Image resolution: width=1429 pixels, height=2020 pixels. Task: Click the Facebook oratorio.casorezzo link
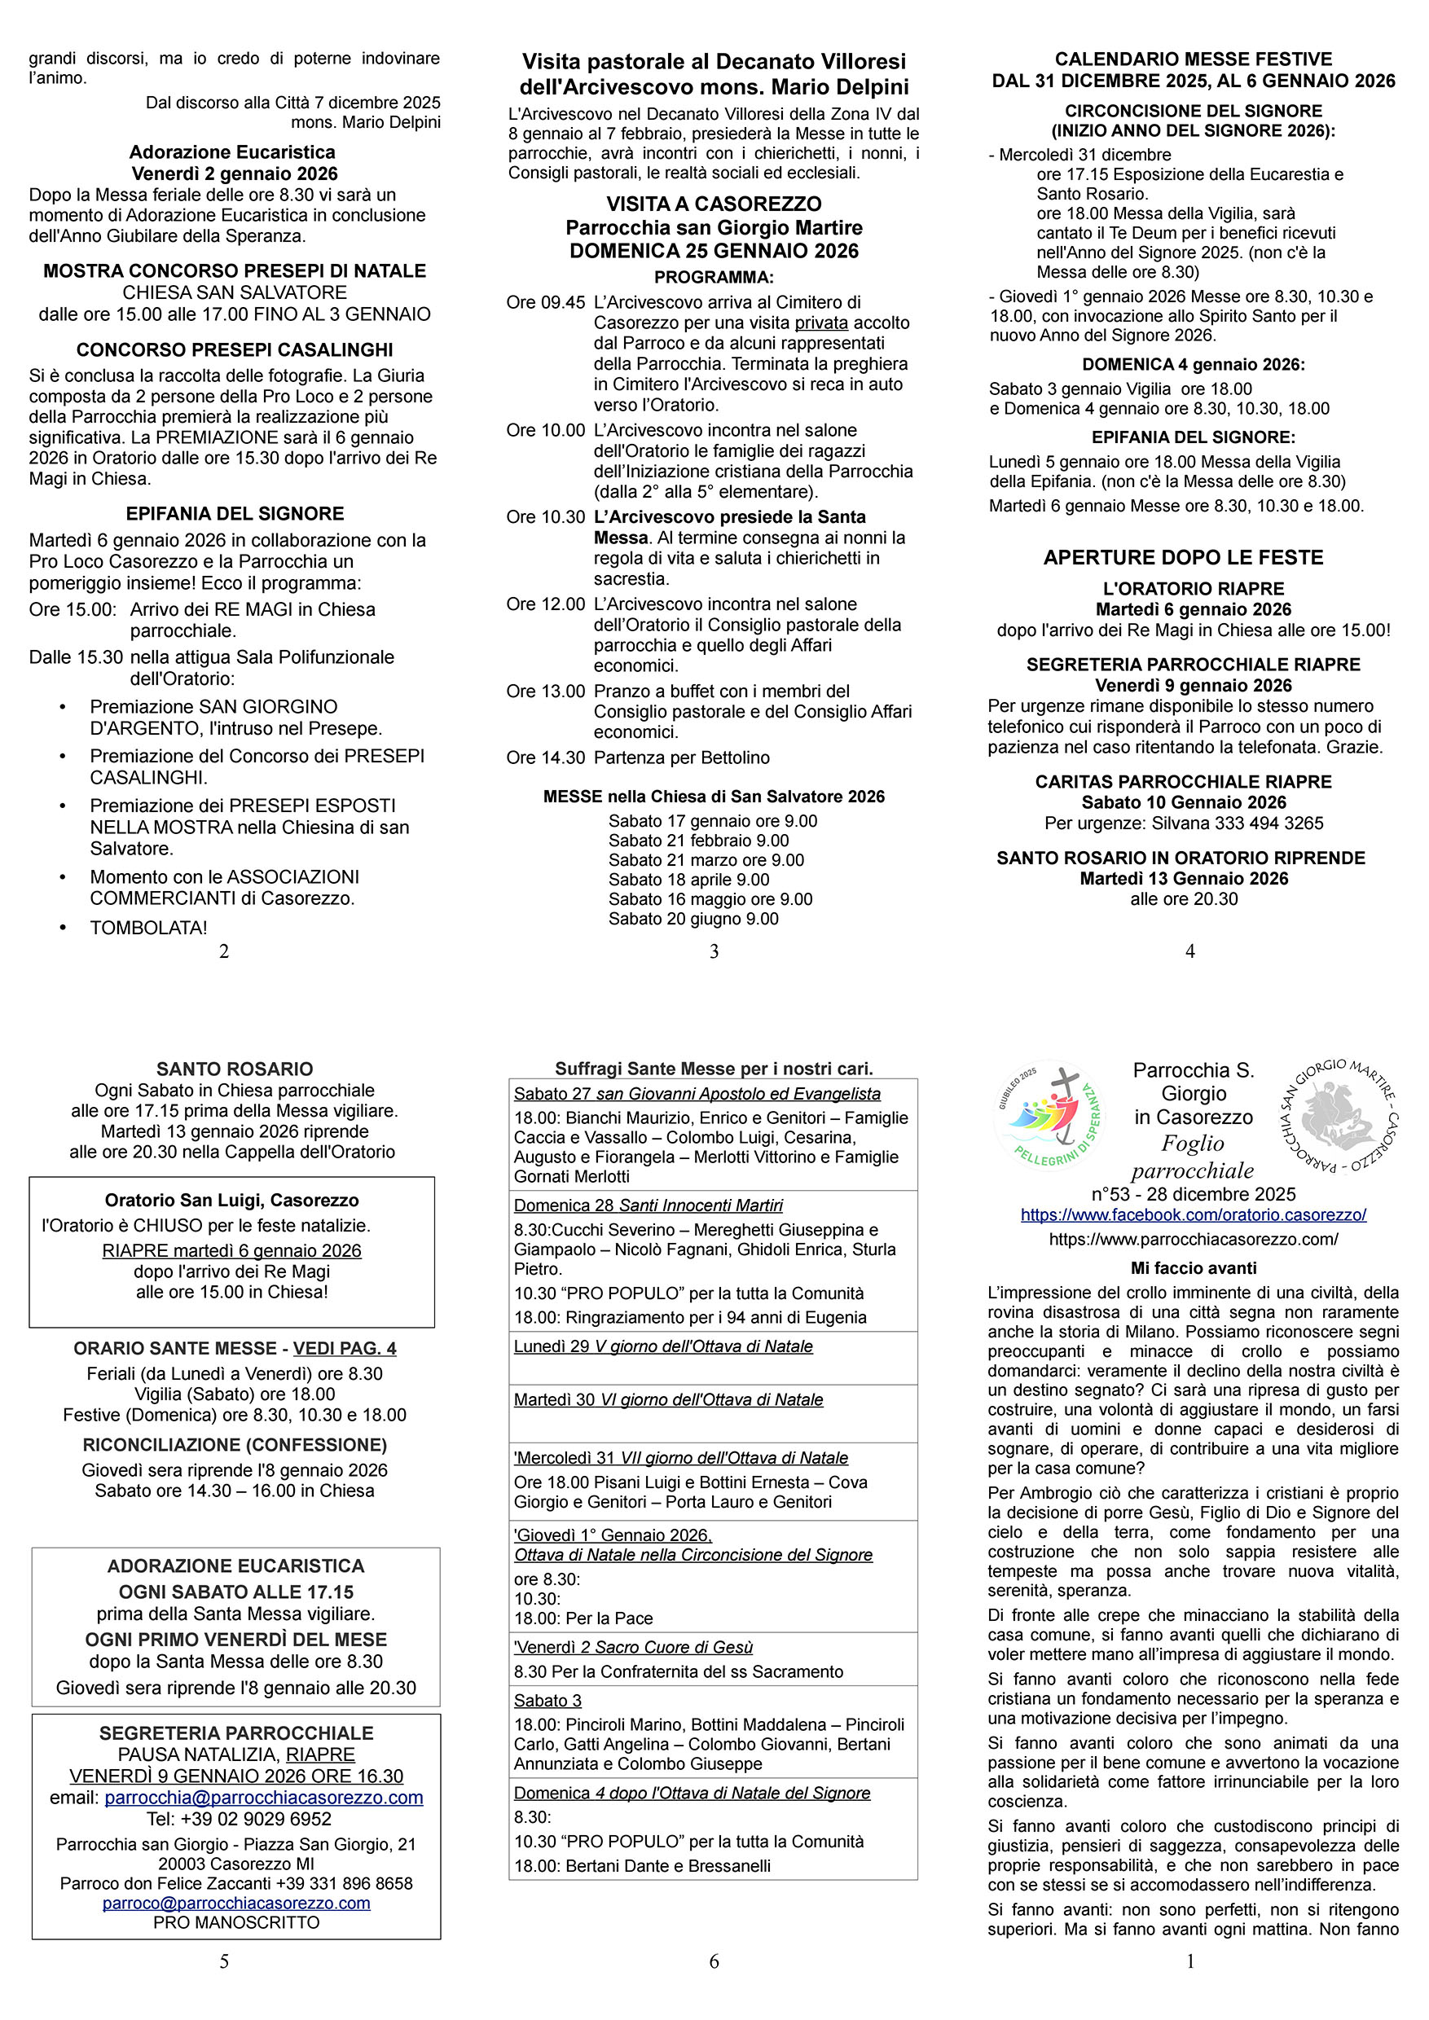pos(1194,1215)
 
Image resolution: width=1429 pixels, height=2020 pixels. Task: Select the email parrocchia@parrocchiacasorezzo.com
pos(263,1798)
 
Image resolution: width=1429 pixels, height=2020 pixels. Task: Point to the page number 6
pos(714,1961)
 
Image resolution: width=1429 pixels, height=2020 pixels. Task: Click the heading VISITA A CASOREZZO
pos(714,204)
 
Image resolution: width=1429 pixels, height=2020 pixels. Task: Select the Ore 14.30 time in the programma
pos(546,757)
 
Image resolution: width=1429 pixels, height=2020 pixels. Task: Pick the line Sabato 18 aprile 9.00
pos(689,880)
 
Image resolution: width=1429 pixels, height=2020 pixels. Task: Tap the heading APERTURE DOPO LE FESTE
pos(1184,557)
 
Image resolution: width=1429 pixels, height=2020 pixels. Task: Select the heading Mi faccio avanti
pos(1194,1267)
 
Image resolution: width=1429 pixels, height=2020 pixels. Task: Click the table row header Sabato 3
pos(547,1701)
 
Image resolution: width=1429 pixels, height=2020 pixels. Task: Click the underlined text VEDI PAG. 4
pos(344,1348)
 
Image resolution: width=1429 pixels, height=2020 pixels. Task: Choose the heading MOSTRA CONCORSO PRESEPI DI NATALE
pos(235,271)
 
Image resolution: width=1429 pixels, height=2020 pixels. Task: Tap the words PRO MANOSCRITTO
pos(235,1922)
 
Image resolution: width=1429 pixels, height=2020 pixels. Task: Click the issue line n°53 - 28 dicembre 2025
pos(1194,1194)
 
